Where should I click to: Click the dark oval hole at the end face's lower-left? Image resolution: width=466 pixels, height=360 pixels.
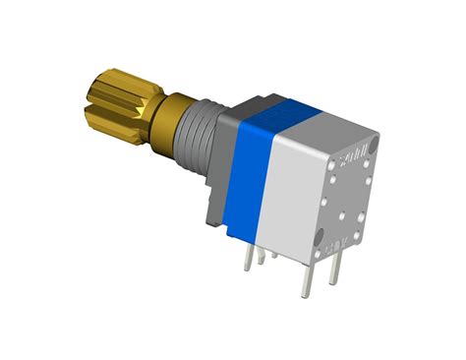pyautogui.click(x=320, y=237)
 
